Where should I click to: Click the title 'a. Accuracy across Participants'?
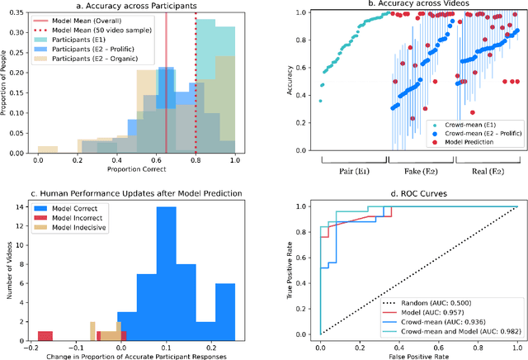138,6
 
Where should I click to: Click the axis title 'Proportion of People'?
6,84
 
